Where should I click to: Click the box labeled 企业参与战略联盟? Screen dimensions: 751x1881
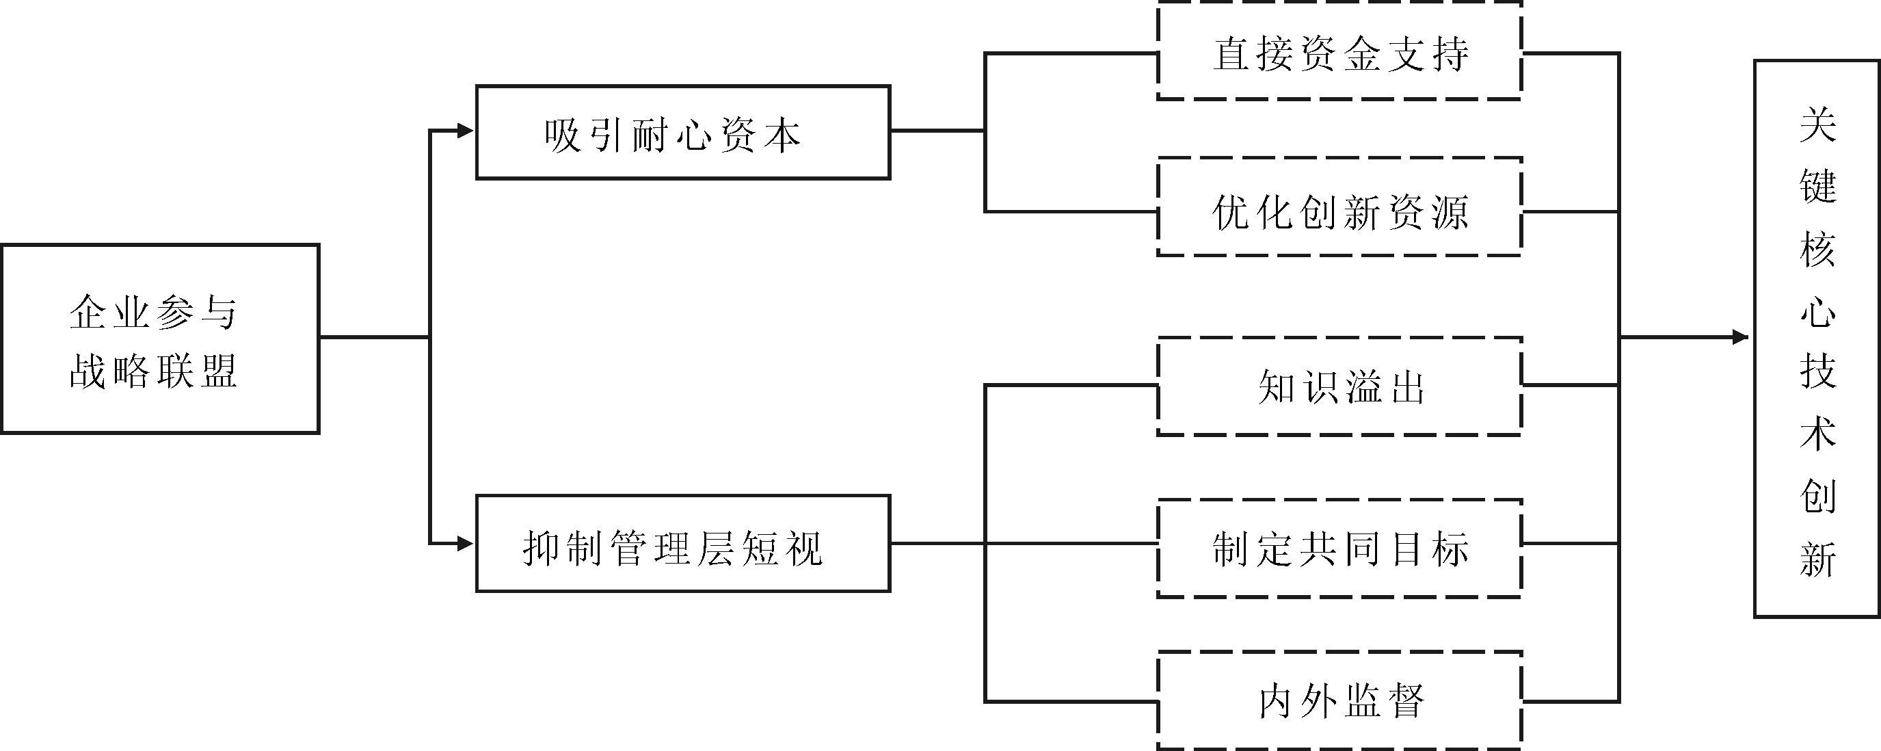coord(160,339)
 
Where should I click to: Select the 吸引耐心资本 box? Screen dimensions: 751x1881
coord(683,132)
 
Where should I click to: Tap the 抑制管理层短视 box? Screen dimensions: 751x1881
coord(683,544)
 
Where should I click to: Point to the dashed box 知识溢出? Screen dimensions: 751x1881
coord(1340,386)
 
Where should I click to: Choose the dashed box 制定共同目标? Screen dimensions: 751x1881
coord(1340,549)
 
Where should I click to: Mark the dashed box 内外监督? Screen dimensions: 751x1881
coord(1340,700)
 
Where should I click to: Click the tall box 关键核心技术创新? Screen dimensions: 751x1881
coord(1817,339)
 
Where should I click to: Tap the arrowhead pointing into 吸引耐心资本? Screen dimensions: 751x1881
coord(465,131)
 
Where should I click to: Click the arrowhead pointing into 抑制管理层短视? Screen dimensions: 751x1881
coord(465,544)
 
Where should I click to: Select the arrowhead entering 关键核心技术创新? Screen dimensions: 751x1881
coord(1741,337)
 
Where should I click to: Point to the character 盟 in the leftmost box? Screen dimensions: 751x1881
coord(218,371)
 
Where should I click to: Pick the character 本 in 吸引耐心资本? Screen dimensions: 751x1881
coord(782,135)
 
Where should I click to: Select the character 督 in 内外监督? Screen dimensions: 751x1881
coord(1406,701)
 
